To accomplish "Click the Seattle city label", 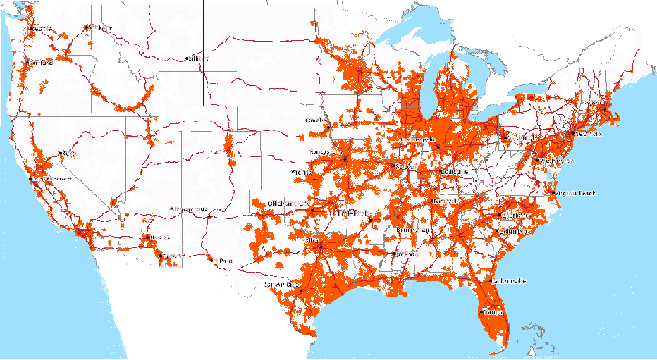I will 42,29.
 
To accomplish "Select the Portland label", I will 40,63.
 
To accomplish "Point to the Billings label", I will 197,59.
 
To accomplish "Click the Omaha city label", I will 318,121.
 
